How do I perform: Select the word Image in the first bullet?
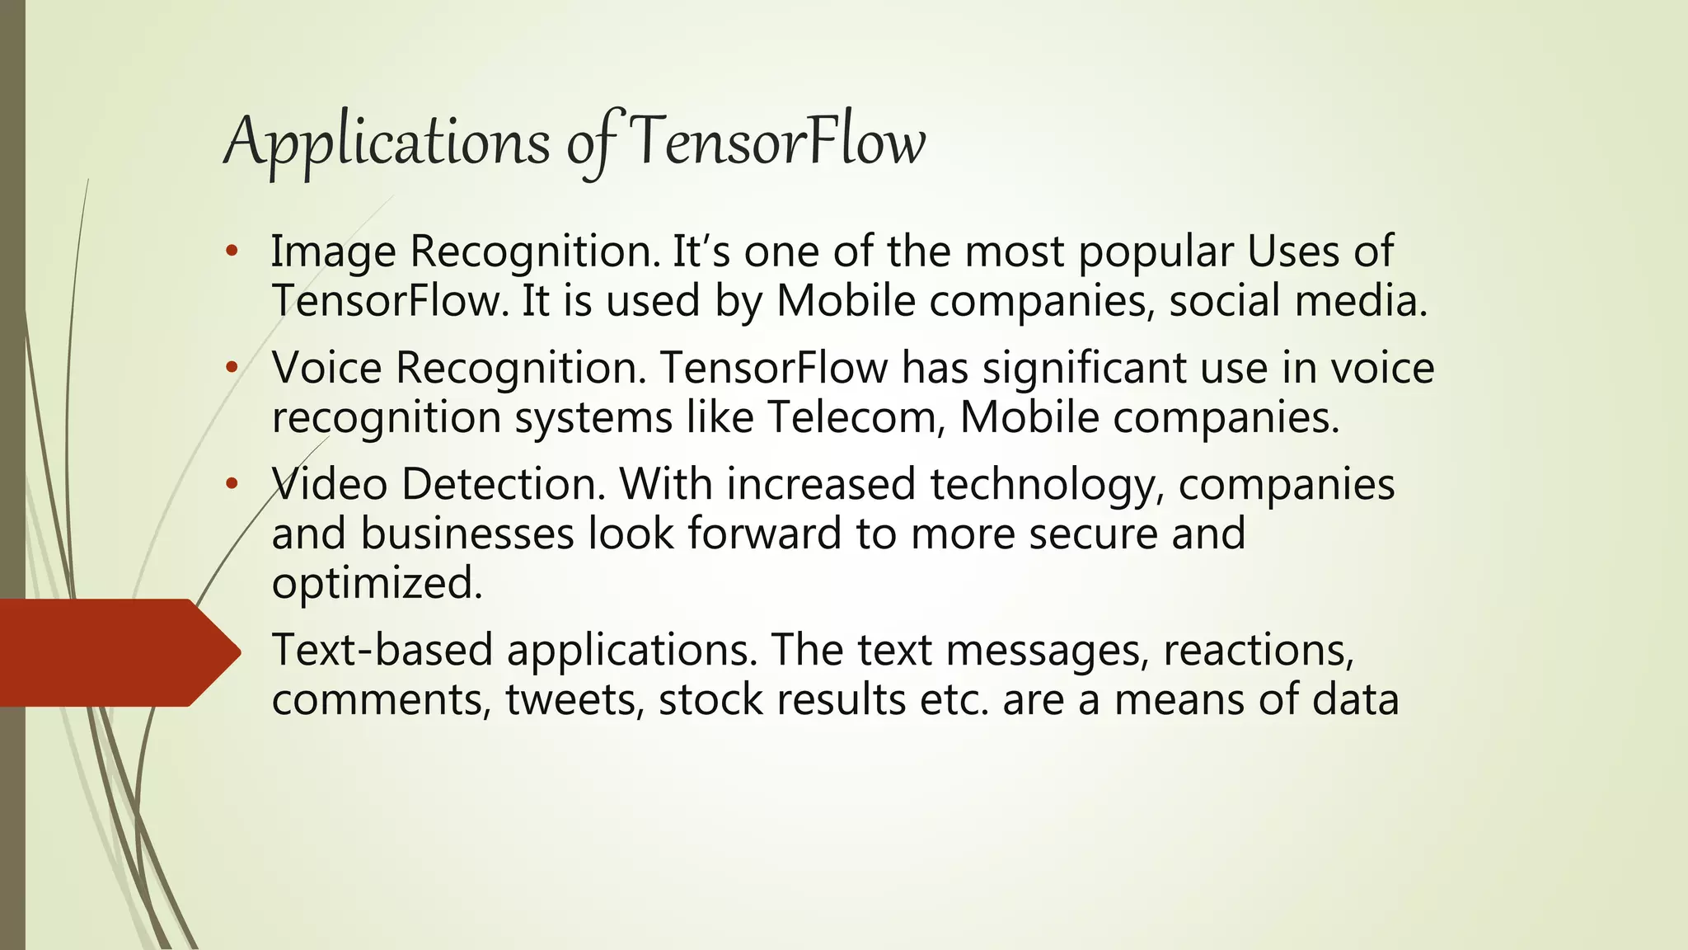(333, 252)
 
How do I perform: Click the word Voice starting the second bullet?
(327, 368)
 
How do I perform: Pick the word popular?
(1155, 252)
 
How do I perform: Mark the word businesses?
(467, 534)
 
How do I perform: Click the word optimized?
(377, 584)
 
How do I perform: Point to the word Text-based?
(382, 650)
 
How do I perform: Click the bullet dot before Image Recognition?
(232, 251)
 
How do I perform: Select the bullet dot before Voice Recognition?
(232, 367)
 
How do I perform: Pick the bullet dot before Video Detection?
(232, 483)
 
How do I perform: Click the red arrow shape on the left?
(115, 652)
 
